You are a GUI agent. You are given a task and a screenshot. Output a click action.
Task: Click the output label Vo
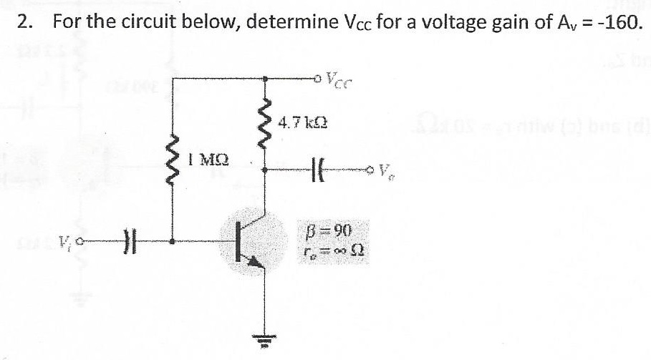[384, 171]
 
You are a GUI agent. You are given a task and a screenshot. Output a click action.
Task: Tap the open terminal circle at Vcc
[317, 79]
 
